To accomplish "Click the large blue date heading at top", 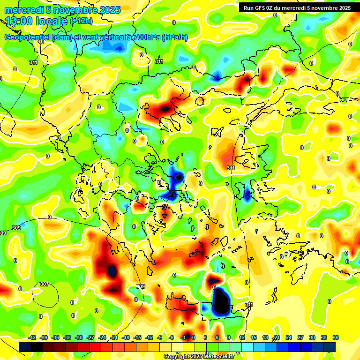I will [62, 9].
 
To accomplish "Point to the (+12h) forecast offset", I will [82, 21].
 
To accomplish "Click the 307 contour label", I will [44, 284].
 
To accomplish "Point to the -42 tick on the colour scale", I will [33, 337].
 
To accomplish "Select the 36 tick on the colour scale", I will [336, 337].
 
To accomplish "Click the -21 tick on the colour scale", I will [114, 337].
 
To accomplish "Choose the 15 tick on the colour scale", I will [254, 337].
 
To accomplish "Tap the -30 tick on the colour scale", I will [79, 337].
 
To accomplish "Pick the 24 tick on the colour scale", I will [289, 337].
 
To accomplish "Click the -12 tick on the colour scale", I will [149, 337].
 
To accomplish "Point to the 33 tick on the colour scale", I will [324, 337].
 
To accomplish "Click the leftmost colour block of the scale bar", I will [25, 347].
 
